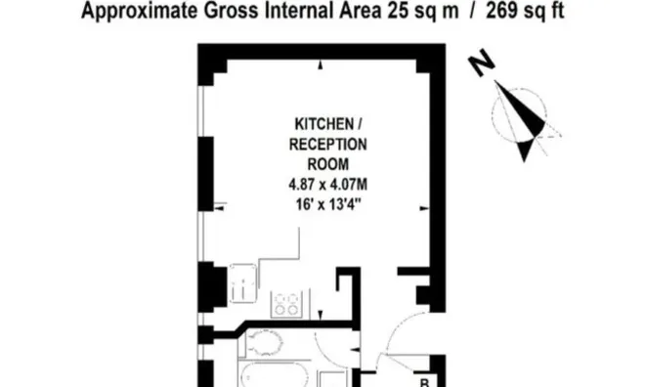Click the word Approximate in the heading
click(139, 11)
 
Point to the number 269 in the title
click(502, 11)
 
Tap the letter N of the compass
click(482, 63)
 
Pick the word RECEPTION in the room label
click(328, 145)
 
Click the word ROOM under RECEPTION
click(328, 164)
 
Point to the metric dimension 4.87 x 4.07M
click(328, 185)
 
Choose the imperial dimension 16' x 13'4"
click(328, 204)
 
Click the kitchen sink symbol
click(243, 283)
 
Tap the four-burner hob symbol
click(286, 304)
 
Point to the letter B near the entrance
click(424, 382)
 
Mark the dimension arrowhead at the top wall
click(321, 64)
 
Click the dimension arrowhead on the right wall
click(424, 208)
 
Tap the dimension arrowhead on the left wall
click(219, 208)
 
